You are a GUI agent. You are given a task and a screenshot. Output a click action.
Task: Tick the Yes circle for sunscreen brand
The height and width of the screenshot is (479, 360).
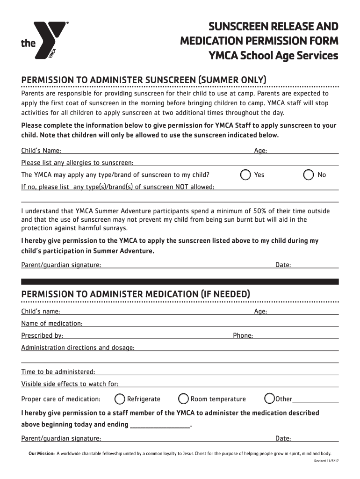point(245,175)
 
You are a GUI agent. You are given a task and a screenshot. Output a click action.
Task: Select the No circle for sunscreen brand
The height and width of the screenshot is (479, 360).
point(309,175)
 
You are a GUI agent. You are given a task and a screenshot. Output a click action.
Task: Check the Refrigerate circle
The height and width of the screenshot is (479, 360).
point(120,399)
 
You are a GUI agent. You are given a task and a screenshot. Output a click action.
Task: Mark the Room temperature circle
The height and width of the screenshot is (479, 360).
point(184,399)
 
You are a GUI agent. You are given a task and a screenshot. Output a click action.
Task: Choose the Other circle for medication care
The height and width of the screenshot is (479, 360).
point(269,399)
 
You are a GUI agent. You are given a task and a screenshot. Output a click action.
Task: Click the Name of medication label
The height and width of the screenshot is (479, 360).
point(52,324)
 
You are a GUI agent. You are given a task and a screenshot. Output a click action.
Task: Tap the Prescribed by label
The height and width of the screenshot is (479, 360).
point(42,335)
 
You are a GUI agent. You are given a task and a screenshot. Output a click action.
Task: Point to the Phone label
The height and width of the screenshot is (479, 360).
point(243,335)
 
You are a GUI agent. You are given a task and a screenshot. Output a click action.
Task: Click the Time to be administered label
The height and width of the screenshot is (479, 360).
point(58,372)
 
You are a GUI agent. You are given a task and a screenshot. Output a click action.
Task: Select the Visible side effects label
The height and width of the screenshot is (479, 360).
point(70,384)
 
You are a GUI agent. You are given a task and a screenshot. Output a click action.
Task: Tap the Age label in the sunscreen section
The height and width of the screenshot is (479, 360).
point(260,151)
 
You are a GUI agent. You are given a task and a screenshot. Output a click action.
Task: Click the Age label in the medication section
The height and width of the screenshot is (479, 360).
point(260,312)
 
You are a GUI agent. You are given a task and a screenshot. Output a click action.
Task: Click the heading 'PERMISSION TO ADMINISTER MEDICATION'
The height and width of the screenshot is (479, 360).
point(136,294)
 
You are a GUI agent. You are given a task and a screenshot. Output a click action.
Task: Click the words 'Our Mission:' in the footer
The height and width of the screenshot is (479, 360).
point(42,453)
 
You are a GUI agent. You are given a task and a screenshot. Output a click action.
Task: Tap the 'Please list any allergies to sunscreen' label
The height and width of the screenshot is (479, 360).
point(78,163)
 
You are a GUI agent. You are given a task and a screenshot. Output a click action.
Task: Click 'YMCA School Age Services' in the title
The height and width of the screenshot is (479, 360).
point(273,56)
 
